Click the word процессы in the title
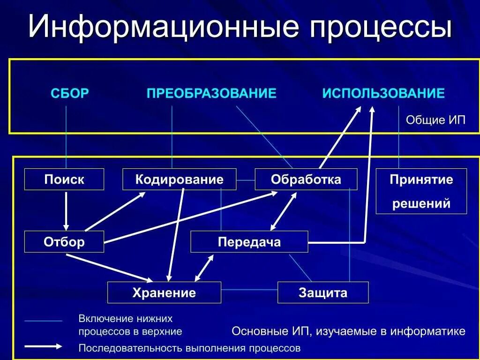click(379, 27)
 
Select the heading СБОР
click(69, 93)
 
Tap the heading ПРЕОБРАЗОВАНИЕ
click(211, 93)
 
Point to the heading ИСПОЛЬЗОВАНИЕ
click(383, 93)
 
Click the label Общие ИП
click(435, 120)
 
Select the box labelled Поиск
click(64, 179)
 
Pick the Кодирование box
click(179, 179)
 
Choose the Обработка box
click(306, 179)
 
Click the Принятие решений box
click(421, 191)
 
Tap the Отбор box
click(64, 242)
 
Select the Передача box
click(249, 242)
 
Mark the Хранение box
click(164, 293)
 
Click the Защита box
click(323, 293)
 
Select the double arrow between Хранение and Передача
click(204, 268)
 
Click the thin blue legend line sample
click(43, 321)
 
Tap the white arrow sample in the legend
click(43, 347)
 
